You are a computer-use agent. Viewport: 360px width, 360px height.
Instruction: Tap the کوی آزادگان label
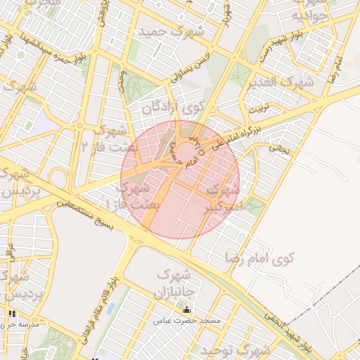174,108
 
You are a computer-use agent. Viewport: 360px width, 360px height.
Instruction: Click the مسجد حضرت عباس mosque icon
186,310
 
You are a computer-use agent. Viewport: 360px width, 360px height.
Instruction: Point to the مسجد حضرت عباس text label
186,321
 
